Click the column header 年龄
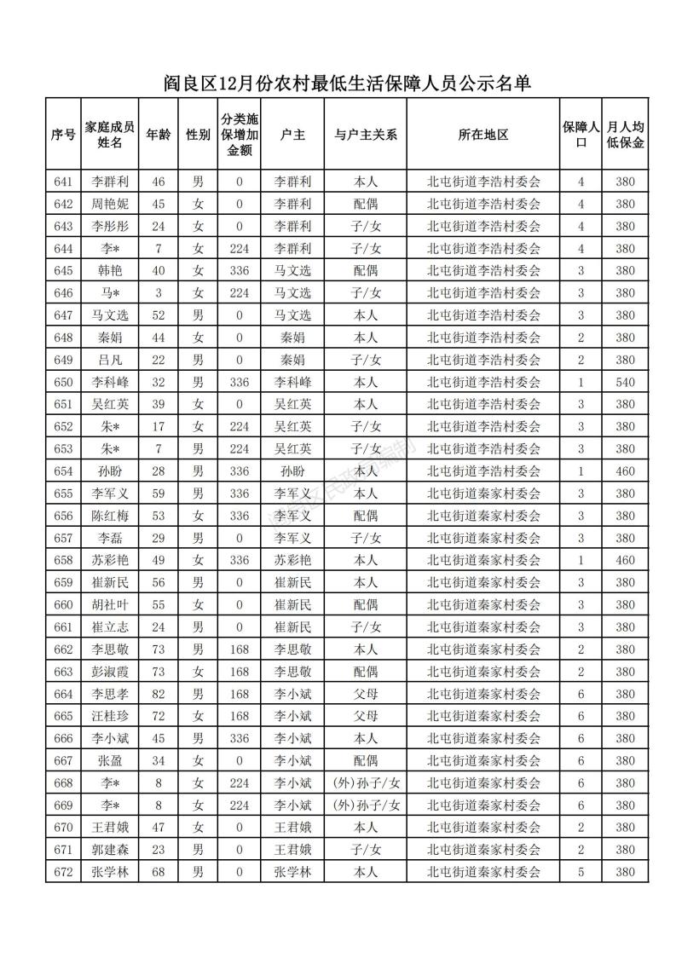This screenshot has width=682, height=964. [x=158, y=135]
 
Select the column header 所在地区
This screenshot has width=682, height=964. [x=483, y=135]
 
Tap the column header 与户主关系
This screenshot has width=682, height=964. [x=366, y=135]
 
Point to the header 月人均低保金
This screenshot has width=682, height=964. [x=626, y=135]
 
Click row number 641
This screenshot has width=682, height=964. [x=63, y=182]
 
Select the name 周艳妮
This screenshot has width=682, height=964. [x=110, y=204]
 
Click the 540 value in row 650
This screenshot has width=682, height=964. [x=626, y=382]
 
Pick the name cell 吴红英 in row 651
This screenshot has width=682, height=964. [x=110, y=404]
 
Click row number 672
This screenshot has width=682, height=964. [x=63, y=872]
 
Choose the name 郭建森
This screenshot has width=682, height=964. [x=110, y=850]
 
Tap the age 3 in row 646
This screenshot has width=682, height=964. [x=158, y=293]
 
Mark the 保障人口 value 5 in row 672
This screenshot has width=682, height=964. [x=581, y=872]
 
